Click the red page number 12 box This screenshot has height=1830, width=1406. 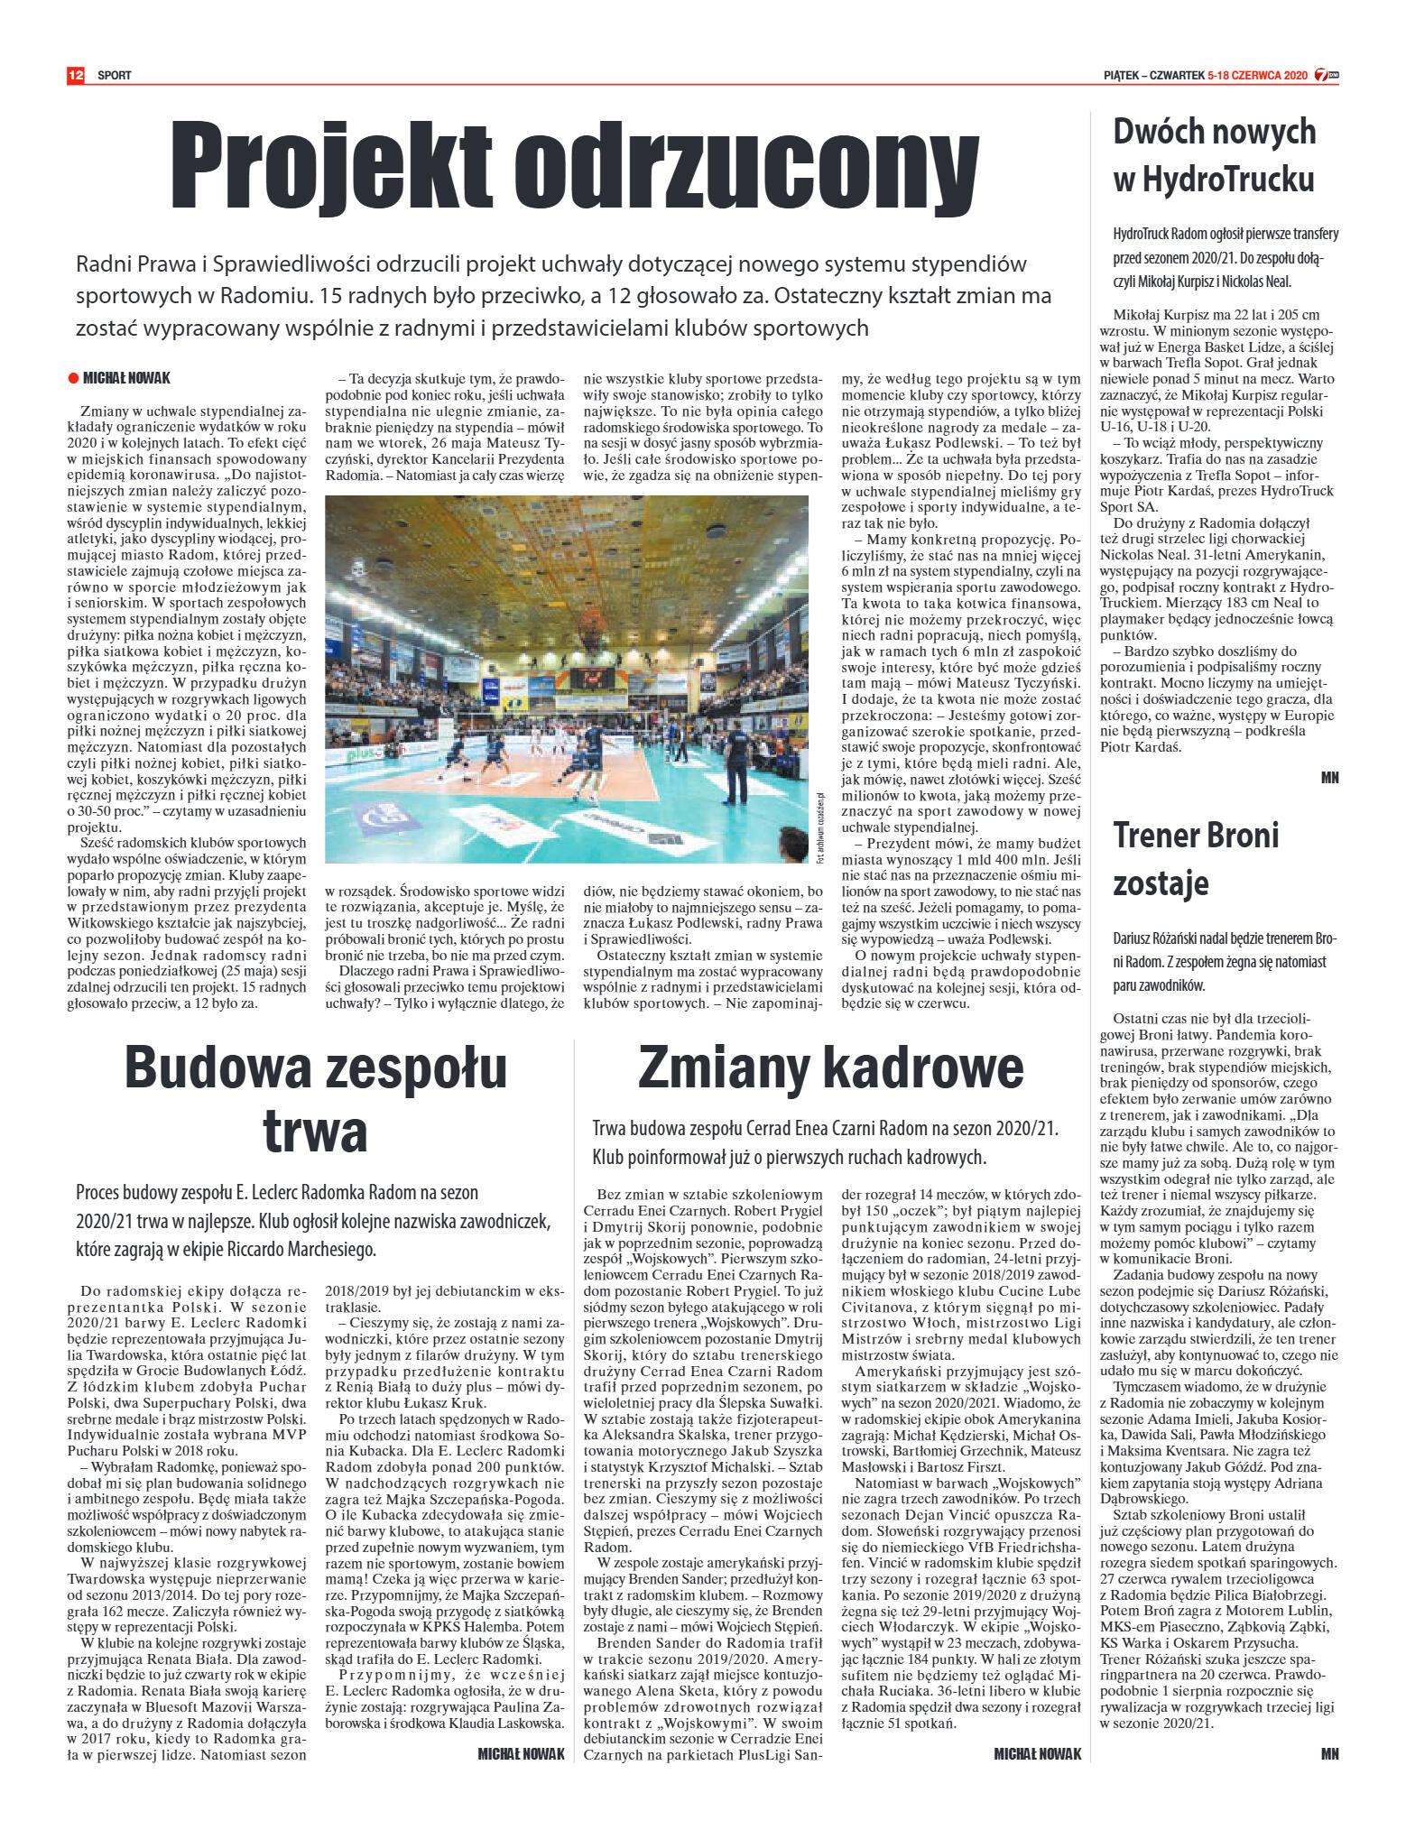[75, 75]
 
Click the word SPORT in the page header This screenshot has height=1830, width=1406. [115, 76]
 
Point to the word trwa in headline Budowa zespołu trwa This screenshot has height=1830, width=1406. [315, 1130]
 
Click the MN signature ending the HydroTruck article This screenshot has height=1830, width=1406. [1329, 778]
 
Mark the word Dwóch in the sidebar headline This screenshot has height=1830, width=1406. [1157, 132]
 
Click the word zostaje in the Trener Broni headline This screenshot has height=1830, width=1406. [1161, 883]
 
